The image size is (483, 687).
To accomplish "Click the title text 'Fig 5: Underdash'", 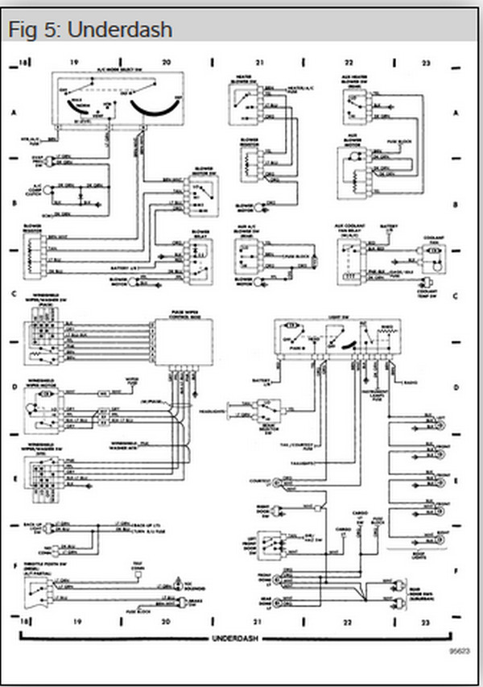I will point(89,30).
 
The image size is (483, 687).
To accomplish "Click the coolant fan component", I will point(434,250).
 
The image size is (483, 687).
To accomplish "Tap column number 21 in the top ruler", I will point(259,61).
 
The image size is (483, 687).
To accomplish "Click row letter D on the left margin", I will point(14,387).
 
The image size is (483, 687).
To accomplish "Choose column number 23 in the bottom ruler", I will point(427,622).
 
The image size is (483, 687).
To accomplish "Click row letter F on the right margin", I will point(456,569).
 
